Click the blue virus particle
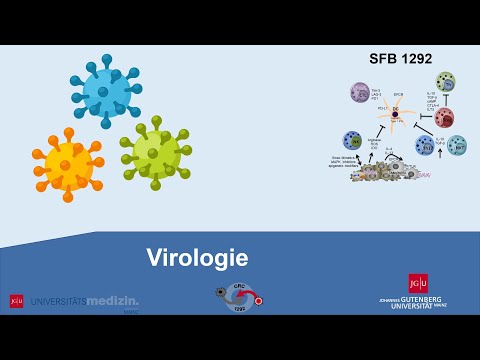coord(105,91)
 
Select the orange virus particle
coord(68,164)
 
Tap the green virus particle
coord(155,153)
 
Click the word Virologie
coord(197,258)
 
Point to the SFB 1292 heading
coord(400,58)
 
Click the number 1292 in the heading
coord(413,58)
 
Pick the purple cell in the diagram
coord(360,93)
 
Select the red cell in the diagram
coord(444,118)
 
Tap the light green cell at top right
coord(445,82)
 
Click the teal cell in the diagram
coord(456,146)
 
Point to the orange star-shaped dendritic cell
coord(396,115)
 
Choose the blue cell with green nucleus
coord(352,140)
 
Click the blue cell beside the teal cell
coord(426,146)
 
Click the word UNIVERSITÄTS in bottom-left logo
coord(59,300)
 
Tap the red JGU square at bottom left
coord(16,300)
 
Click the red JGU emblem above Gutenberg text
coord(418,283)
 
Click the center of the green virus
coord(155,153)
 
